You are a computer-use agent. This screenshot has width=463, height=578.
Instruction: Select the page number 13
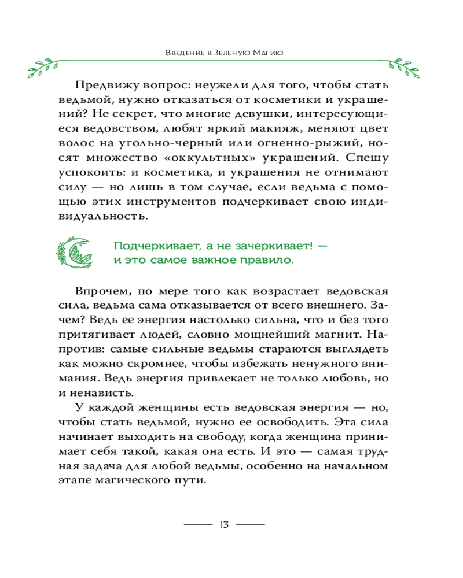click(224, 525)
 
